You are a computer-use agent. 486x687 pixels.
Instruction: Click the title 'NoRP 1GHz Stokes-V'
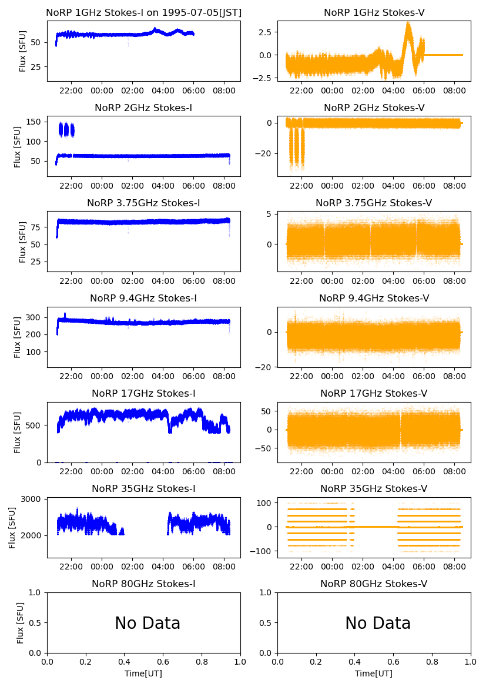click(374, 12)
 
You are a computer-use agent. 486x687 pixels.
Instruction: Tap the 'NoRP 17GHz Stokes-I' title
click(143, 393)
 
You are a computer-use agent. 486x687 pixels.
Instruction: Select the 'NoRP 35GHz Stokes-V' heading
click(374, 488)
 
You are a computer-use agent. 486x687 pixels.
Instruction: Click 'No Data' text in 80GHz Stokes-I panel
click(148, 623)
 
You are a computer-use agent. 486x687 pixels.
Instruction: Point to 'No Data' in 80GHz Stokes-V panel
click(378, 623)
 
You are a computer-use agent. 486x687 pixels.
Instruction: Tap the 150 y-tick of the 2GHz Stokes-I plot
click(36, 122)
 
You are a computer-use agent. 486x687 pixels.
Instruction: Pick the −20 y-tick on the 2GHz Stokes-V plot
click(265, 153)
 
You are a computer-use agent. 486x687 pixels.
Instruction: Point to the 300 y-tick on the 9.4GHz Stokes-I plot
click(36, 317)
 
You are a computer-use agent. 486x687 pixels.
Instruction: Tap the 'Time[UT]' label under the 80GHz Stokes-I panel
click(143, 673)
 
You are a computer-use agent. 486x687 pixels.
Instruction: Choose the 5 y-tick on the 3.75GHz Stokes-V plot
click(270, 214)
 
